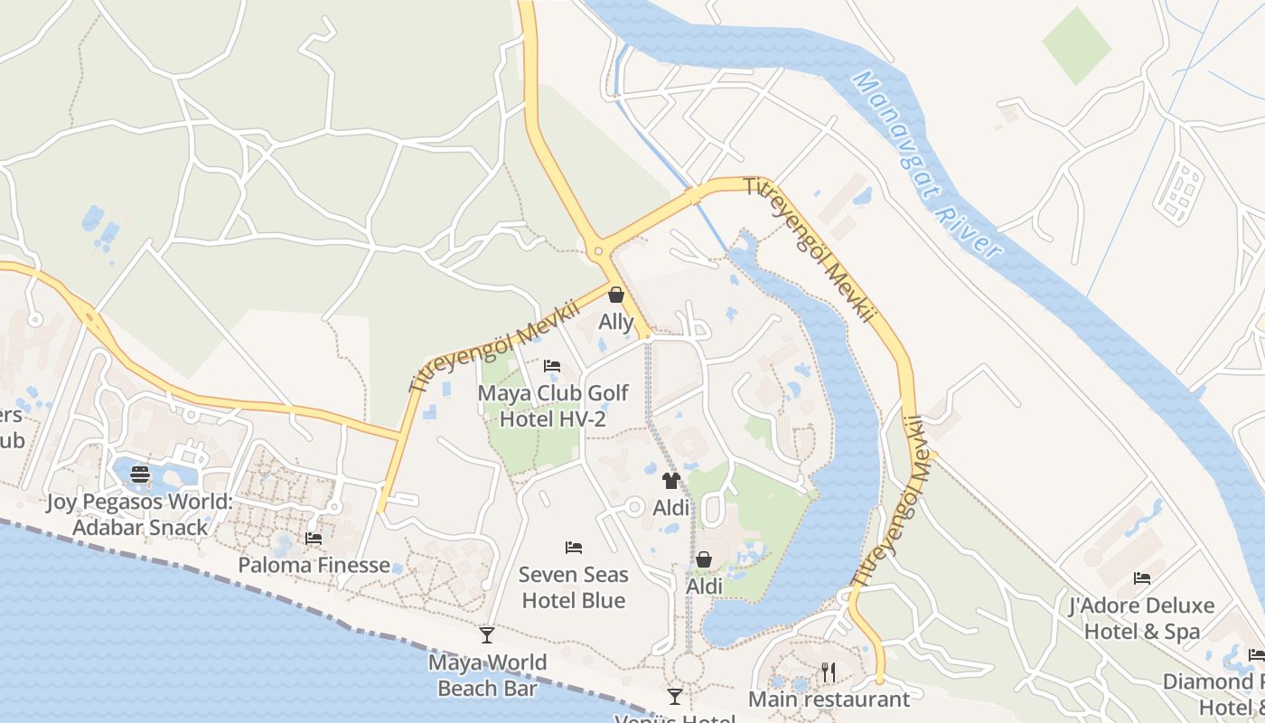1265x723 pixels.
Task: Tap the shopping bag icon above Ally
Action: (x=616, y=295)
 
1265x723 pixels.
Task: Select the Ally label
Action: (x=616, y=322)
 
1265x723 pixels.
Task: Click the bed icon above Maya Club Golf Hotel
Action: (x=552, y=366)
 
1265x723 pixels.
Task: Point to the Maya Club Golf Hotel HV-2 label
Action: (x=552, y=407)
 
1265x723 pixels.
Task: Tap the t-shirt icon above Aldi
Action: (x=670, y=480)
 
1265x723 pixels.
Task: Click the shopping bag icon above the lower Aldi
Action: (x=704, y=560)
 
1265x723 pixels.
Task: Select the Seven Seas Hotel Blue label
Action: (x=573, y=587)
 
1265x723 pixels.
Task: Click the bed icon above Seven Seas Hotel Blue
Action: (x=573, y=547)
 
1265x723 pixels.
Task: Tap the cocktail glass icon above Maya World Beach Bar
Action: (x=487, y=635)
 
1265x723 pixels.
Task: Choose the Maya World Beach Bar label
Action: (x=487, y=675)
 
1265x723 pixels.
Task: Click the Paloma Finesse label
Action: (x=314, y=566)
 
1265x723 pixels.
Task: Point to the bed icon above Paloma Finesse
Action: (x=314, y=538)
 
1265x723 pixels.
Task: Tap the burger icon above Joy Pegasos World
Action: (x=140, y=474)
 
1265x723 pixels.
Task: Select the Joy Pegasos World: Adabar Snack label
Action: (x=140, y=514)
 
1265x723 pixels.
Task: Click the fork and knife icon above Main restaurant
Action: (x=829, y=672)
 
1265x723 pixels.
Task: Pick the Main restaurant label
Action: (x=829, y=700)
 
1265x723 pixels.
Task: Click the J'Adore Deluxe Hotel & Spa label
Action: (x=1142, y=618)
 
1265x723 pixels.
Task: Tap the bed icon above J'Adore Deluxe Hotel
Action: (x=1142, y=578)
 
